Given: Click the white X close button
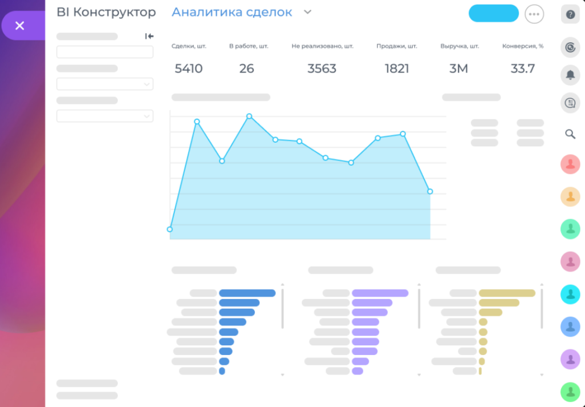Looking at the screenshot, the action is [x=19, y=25].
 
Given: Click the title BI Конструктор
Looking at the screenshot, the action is [x=106, y=13].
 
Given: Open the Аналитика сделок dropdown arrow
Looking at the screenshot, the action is [x=307, y=12].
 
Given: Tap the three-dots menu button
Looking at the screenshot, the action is [x=534, y=14].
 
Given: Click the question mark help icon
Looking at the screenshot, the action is [x=570, y=14].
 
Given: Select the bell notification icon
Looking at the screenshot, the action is [x=570, y=75].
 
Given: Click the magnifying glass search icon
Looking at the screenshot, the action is [x=570, y=134].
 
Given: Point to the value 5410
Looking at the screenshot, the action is [x=189, y=68].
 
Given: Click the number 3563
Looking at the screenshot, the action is [x=322, y=68].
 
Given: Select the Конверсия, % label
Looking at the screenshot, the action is [x=523, y=46].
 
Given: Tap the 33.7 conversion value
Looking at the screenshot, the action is [x=522, y=68].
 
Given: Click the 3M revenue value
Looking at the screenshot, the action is [x=459, y=68].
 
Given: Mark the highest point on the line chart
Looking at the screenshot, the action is [x=249, y=116].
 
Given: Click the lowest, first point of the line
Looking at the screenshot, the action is [x=170, y=229].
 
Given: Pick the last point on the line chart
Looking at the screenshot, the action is [x=430, y=191].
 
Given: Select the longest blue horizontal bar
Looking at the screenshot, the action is [x=247, y=293].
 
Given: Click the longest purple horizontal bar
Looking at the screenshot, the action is [x=380, y=293].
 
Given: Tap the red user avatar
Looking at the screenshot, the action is [x=570, y=164].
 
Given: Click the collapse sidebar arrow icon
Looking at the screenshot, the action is [x=149, y=36].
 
